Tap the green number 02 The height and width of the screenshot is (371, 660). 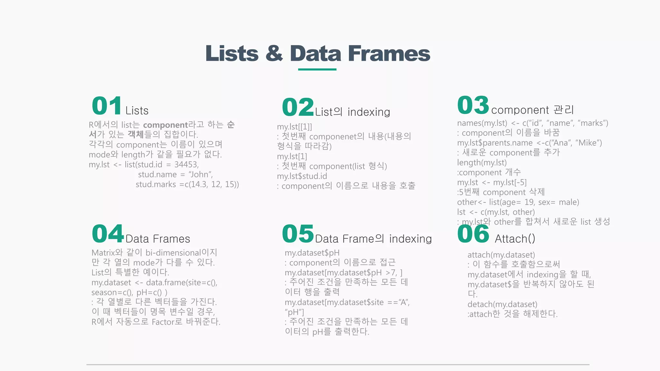pos(298,107)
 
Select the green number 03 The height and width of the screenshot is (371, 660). pos(473,105)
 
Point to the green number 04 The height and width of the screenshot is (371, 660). pos(108,234)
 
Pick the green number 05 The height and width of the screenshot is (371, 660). pos(298,234)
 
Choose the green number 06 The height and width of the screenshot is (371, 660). pos(473,234)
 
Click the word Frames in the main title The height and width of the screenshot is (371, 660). pos(389,53)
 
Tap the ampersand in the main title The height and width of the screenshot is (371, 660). pos(274,53)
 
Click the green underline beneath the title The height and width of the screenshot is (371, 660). pos(317,69)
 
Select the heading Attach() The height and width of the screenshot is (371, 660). pos(515,239)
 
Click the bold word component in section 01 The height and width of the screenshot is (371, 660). pos(165,125)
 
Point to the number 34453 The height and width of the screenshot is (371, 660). pos(186,165)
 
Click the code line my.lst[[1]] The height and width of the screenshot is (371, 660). pos(295,127)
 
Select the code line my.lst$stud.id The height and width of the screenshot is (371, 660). pos(302,176)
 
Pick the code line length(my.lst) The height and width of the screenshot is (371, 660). pos(482,163)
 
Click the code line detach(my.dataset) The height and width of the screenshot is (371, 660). pos(502,304)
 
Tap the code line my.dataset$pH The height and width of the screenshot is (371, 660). pos(312,253)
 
